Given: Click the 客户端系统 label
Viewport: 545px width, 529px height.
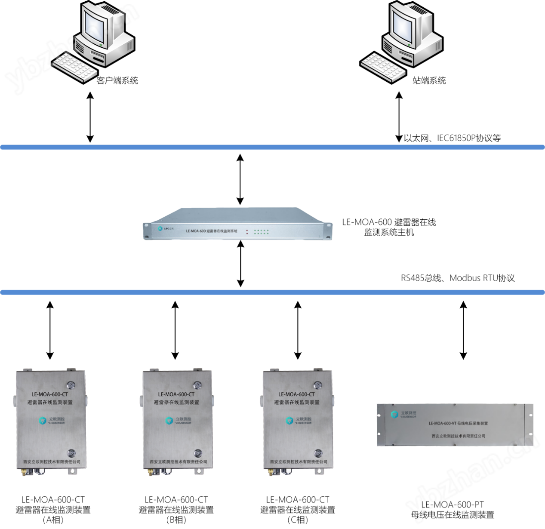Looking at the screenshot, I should (117, 80).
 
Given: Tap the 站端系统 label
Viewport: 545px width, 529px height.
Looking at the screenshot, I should (429, 80).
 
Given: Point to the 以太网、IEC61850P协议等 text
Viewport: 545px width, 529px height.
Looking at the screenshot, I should (452, 138).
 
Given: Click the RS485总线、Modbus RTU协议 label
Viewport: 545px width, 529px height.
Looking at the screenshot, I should (458, 278).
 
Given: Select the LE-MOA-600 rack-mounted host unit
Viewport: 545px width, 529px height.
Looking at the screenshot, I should (237, 225).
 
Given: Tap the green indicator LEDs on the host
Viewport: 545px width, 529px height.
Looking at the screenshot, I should (261, 231).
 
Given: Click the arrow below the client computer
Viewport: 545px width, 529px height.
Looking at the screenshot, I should (90, 117).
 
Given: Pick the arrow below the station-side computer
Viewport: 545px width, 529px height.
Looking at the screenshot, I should (399, 117).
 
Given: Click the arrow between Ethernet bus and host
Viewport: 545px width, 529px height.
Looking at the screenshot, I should (240, 179).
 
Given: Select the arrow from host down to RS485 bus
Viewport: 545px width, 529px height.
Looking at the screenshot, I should (240, 264).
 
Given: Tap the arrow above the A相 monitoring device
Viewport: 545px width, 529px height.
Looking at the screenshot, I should (50, 330).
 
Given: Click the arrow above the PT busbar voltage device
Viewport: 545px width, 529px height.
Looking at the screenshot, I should (463, 330).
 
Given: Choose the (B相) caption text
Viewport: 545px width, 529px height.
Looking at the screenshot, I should (176, 520).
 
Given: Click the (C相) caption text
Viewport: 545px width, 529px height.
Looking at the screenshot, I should (298, 520).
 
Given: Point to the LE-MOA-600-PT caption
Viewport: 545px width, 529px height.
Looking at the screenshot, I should (452, 504).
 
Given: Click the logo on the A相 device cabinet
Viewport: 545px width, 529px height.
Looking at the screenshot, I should (43, 421).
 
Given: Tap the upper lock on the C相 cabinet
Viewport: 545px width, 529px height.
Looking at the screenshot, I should (317, 385).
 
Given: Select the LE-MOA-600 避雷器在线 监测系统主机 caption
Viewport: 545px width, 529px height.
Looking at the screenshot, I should (389, 227).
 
